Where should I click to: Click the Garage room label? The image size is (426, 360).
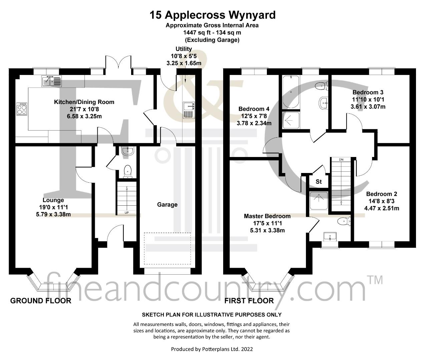click(167, 205)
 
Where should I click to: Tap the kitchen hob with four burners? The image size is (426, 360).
click(22, 109)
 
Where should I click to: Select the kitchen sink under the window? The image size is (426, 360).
click(51, 81)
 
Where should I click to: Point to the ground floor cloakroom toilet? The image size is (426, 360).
click(128, 171)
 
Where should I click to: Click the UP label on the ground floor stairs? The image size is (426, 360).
click(127, 213)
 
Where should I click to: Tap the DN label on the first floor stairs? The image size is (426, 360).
click(341, 159)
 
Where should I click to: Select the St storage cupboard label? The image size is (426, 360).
click(319, 181)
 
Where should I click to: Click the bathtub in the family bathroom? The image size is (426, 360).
click(291, 92)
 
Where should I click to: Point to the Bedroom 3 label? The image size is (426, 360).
click(368, 92)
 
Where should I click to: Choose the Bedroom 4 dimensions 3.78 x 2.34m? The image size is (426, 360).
click(254, 123)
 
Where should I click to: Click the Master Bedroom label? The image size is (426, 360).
click(267, 216)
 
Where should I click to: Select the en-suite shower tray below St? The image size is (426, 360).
click(319, 201)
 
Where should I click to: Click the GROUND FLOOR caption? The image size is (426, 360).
click(41, 301)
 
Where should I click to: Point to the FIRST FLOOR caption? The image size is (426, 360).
click(249, 301)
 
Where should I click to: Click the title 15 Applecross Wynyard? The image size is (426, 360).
click(212, 15)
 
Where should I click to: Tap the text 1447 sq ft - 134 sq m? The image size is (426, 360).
click(212, 33)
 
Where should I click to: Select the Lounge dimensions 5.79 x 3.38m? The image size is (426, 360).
click(53, 214)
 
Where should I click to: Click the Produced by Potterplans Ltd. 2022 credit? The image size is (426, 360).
click(212, 349)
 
